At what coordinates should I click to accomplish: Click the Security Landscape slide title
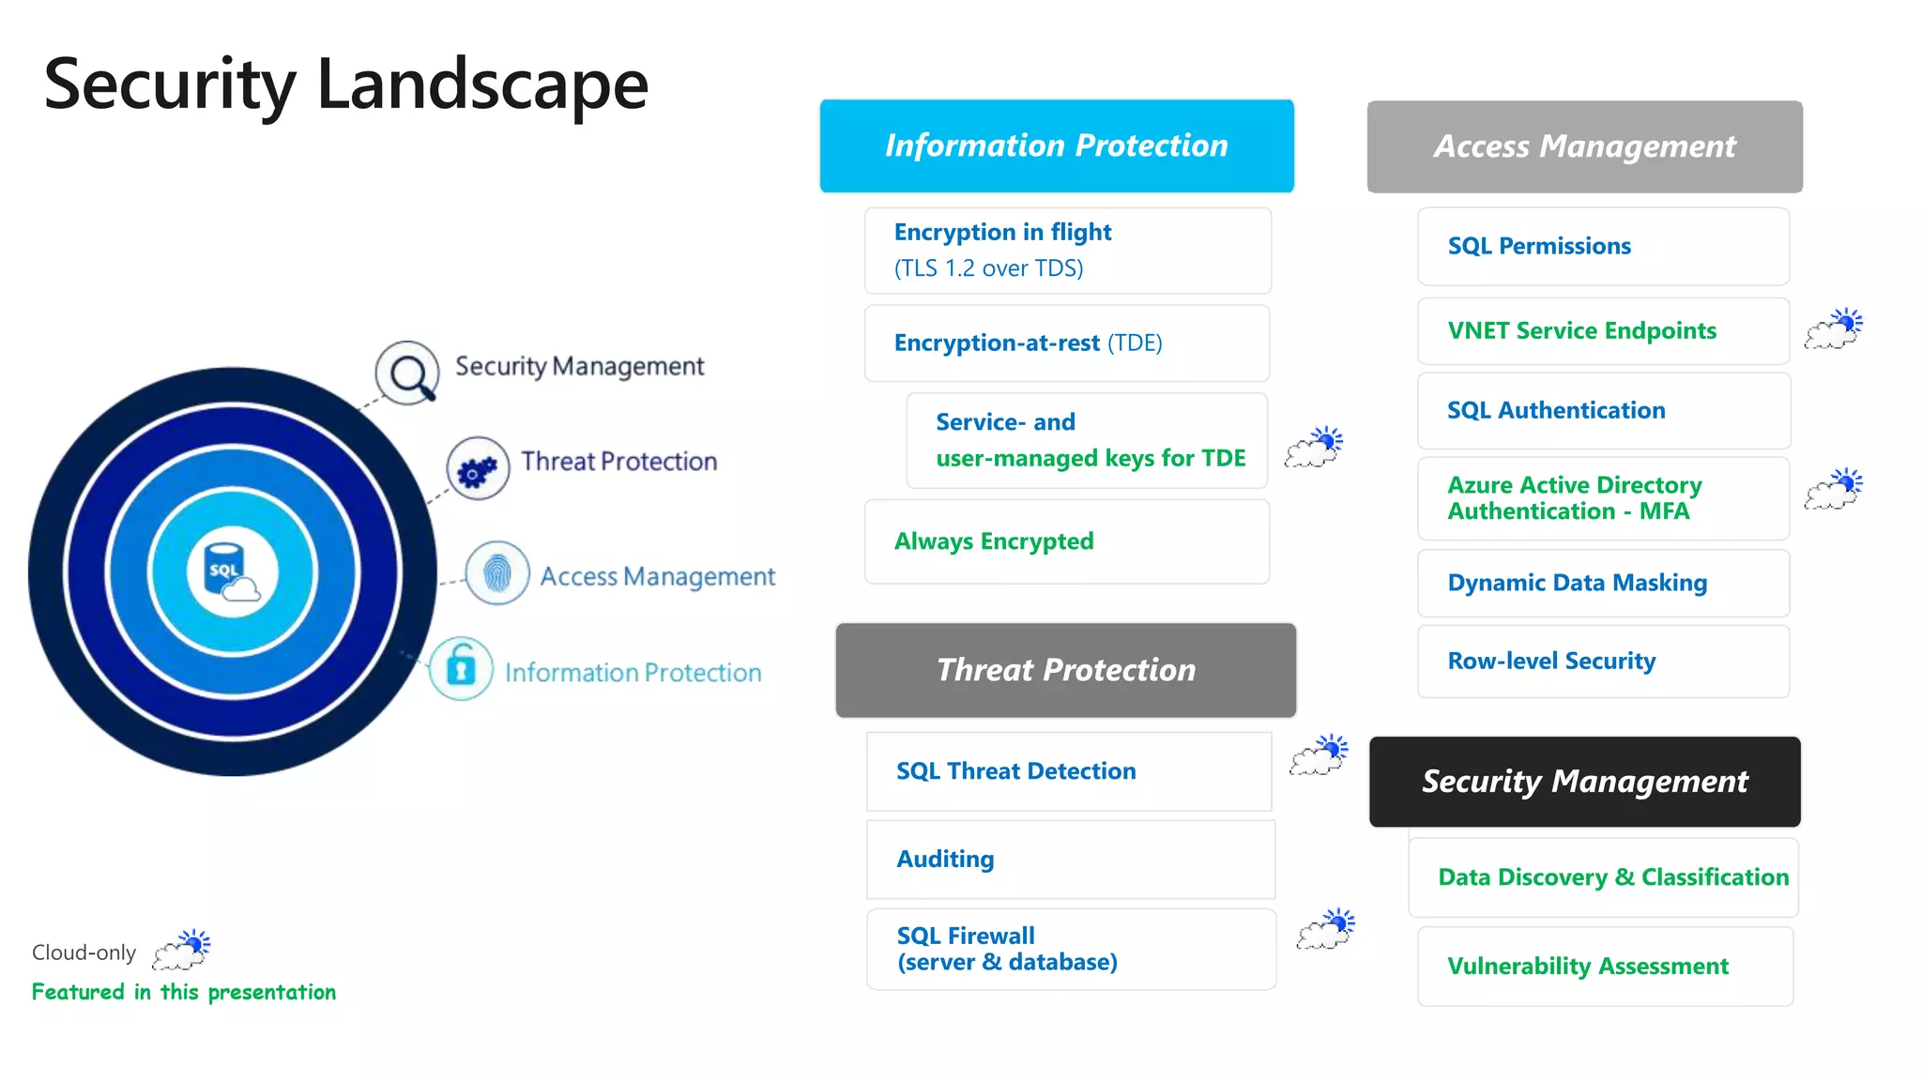coord(345,84)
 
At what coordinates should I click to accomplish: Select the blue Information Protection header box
coord(1056,145)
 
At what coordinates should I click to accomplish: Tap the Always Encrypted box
coord(1066,541)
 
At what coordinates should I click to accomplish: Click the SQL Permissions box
coord(1602,246)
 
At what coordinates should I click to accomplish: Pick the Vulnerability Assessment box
coord(1604,966)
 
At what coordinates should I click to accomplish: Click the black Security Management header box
coord(1584,781)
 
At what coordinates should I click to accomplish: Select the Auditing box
coord(1070,859)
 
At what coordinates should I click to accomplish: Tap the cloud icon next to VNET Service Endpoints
coord(1833,328)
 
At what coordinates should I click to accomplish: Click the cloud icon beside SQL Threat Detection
coord(1319,755)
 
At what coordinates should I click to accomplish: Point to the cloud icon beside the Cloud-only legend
coord(182,950)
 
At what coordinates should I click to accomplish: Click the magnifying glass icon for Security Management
coord(407,373)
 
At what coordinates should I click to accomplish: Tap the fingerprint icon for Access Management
coord(497,572)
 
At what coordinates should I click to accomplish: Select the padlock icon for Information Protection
coord(461,668)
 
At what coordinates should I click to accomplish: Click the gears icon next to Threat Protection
coord(478,468)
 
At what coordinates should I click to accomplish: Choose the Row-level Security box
coord(1602,661)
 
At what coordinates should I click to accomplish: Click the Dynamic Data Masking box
coord(1602,583)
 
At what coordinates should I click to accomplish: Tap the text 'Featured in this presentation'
coord(184,992)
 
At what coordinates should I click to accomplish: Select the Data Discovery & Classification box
coord(1604,876)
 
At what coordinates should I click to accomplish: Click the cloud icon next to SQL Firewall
coord(1325,929)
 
